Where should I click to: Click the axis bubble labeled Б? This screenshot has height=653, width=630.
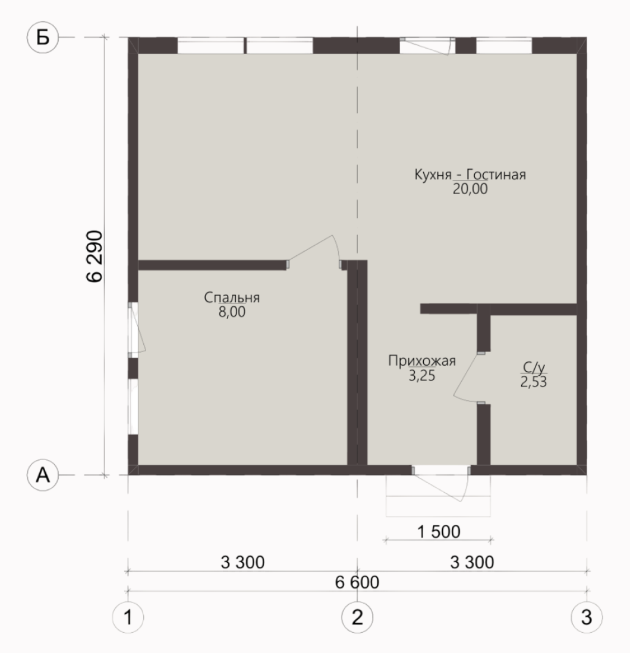(43, 37)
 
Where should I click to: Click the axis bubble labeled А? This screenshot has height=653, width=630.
(43, 475)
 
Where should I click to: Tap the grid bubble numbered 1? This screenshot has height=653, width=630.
(128, 617)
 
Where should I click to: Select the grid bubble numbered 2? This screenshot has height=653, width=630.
(357, 617)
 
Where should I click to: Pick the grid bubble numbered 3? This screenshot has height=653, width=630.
(587, 617)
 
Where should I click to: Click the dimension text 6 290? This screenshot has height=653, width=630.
(94, 256)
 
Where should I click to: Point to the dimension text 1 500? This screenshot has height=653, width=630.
(439, 532)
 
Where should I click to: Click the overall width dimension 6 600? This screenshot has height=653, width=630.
(357, 582)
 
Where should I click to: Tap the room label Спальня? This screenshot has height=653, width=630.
(232, 297)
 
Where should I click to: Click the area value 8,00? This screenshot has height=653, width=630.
(232, 312)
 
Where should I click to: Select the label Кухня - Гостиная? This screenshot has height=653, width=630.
(470, 174)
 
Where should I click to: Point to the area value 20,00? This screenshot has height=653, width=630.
(470, 189)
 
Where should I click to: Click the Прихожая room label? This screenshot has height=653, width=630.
(422, 361)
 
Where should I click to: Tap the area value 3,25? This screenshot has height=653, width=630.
(422, 376)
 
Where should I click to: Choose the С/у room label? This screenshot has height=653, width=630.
(534, 367)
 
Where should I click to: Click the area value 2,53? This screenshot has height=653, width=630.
(534, 382)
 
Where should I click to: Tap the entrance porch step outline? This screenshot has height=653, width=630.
(438, 516)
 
